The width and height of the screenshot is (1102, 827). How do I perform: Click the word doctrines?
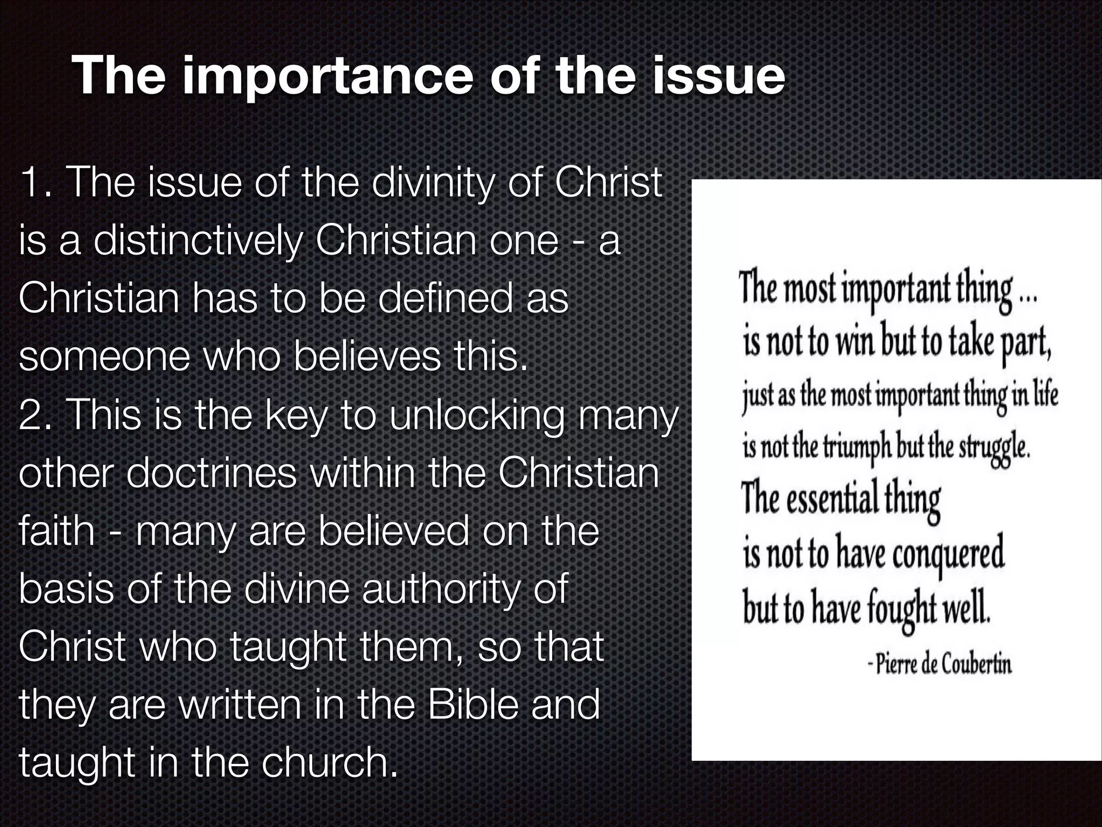(212, 474)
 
